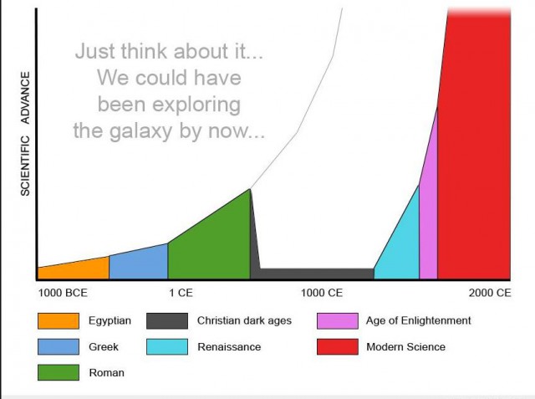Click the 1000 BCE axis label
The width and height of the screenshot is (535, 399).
click(63, 293)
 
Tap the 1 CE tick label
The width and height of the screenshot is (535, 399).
click(181, 293)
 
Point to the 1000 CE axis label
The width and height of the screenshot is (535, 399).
click(322, 293)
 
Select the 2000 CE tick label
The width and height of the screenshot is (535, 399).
click(490, 293)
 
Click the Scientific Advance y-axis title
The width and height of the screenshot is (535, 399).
click(25, 134)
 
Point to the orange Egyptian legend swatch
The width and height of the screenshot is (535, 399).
click(59, 321)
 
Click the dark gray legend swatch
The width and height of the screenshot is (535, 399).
click(167, 321)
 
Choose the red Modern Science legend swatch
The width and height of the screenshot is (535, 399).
click(338, 347)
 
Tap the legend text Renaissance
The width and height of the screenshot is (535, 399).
click(229, 347)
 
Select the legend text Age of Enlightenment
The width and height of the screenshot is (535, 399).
click(418, 321)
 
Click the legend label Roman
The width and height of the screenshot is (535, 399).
click(107, 373)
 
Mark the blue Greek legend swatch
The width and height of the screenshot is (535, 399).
click(59, 347)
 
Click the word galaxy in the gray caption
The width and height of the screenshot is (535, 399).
click(140, 132)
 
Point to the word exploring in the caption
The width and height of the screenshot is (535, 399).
click(196, 105)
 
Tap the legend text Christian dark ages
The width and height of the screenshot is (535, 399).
click(244, 321)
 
